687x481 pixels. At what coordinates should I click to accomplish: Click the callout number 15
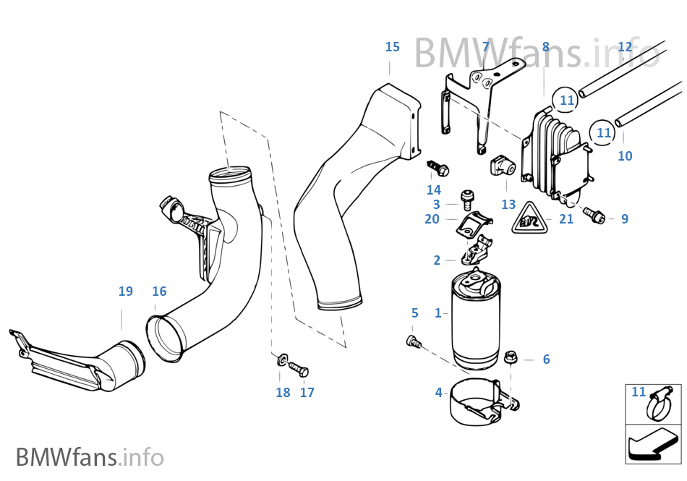(x=392, y=47)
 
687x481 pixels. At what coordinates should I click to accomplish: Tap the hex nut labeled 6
(x=510, y=357)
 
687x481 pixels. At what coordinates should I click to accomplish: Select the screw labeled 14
(x=437, y=168)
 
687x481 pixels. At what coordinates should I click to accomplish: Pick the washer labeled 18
(x=281, y=359)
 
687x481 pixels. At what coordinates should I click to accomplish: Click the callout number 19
(x=126, y=291)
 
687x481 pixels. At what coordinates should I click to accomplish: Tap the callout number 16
(x=159, y=291)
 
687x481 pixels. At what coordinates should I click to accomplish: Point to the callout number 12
(x=625, y=47)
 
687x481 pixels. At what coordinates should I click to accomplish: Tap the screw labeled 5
(x=414, y=341)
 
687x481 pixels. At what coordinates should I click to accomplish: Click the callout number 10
(x=625, y=156)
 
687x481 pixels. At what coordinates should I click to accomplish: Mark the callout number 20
(x=432, y=219)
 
